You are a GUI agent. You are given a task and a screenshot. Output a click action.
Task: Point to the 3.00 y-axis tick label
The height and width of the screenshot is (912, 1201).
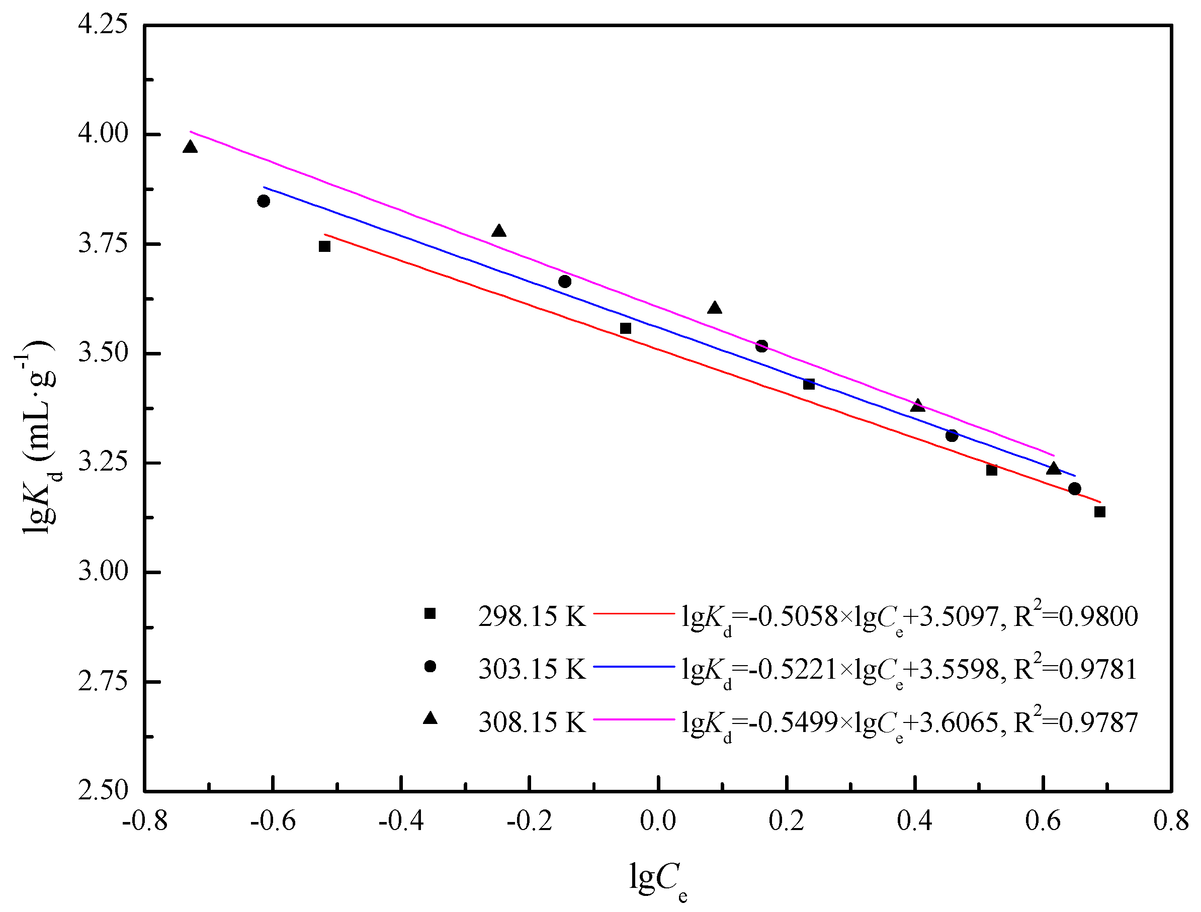pyautogui.click(x=103, y=572)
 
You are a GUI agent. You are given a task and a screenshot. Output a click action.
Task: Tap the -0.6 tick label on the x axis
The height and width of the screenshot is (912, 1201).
pyautogui.click(x=273, y=821)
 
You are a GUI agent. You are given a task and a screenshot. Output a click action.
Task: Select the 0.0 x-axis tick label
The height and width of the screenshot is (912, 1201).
pyautogui.click(x=657, y=821)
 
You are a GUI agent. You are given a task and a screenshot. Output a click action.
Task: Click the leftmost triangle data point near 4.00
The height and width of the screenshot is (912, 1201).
pyautogui.click(x=190, y=147)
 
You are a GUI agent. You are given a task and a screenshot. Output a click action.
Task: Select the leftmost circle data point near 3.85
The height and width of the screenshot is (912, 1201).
pyautogui.click(x=264, y=201)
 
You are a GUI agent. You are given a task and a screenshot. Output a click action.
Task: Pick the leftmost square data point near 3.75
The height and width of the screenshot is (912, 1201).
pyautogui.click(x=325, y=246)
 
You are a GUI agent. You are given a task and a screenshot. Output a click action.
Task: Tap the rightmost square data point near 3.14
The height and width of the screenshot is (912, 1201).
pyautogui.click(x=1100, y=511)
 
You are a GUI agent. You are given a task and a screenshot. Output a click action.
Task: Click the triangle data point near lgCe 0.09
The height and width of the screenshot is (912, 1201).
pyautogui.click(x=715, y=308)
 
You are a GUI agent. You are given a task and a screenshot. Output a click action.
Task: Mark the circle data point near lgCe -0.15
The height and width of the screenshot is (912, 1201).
pyautogui.click(x=565, y=281)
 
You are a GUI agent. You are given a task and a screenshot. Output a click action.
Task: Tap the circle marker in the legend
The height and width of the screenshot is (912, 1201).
pyautogui.click(x=430, y=666)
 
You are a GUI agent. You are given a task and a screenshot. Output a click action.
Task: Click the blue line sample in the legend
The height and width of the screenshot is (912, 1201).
pyautogui.click(x=634, y=666)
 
